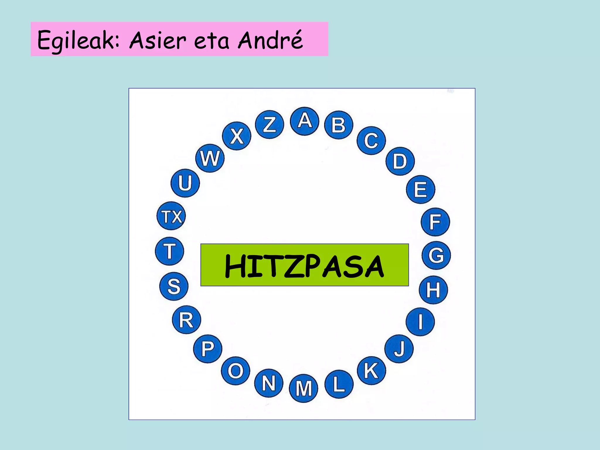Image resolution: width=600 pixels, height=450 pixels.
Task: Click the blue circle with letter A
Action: pyautogui.click(x=304, y=121)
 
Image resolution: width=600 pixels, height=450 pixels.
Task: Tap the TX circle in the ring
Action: pyautogui.click(x=171, y=216)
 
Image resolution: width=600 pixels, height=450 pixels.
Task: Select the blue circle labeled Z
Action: pyautogui.click(x=270, y=125)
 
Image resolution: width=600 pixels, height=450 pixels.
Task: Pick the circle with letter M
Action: pyautogui.click(x=304, y=388)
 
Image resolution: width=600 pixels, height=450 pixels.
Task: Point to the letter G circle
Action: pyautogui.click(x=436, y=255)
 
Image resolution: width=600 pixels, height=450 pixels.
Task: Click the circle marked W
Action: pyautogui.click(x=210, y=158)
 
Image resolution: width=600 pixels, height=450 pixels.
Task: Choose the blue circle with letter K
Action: pyautogui.click(x=371, y=371)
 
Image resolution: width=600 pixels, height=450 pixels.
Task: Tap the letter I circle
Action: pyautogui.click(x=420, y=322)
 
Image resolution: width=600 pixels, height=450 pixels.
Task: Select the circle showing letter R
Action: pyautogui.click(x=186, y=320)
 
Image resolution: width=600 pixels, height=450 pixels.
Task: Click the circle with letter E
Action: pyautogui.click(x=420, y=190)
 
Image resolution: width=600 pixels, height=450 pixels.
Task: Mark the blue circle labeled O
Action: pyautogui.click(x=236, y=371)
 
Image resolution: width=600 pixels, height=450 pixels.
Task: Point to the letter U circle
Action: pyautogui.click(x=185, y=183)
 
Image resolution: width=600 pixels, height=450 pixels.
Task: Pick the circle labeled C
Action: pyautogui.click(x=371, y=141)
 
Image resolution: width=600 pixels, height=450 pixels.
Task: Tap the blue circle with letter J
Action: pyautogui.click(x=399, y=349)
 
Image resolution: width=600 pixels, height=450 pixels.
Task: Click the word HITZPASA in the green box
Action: pyautogui.click(x=304, y=266)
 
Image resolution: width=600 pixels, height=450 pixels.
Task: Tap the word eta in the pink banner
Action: pyautogui.click(x=212, y=41)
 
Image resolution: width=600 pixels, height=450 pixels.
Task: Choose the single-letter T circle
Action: pyautogui.click(x=169, y=251)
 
